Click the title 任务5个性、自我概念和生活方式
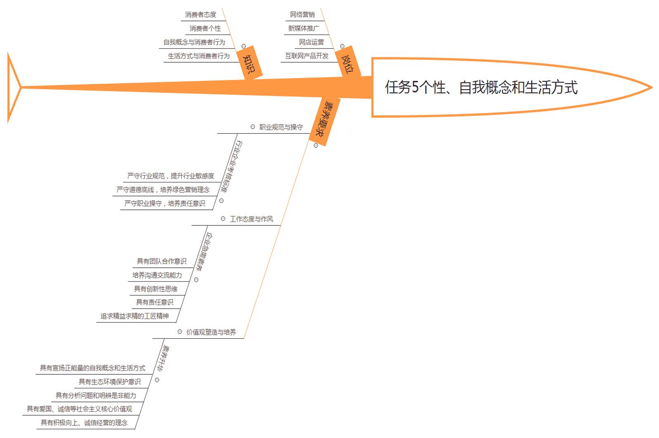click(x=481, y=88)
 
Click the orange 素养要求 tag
click(x=324, y=120)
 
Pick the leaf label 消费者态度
click(x=201, y=15)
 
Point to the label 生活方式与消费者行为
click(x=199, y=56)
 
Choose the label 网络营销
click(x=302, y=15)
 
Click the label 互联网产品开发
click(x=307, y=56)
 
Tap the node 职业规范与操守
click(x=281, y=127)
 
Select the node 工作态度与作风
click(x=251, y=219)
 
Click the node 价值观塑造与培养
click(x=211, y=332)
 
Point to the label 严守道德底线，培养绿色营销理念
click(x=163, y=189)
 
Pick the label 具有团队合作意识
click(x=161, y=261)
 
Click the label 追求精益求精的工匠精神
click(x=135, y=316)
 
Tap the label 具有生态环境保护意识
click(x=110, y=382)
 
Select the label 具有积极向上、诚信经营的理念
click(x=84, y=422)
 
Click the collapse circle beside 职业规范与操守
click(x=253, y=127)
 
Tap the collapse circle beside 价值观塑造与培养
click(x=180, y=332)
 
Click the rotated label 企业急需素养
click(x=205, y=252)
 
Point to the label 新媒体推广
click(x=304, y=28)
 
